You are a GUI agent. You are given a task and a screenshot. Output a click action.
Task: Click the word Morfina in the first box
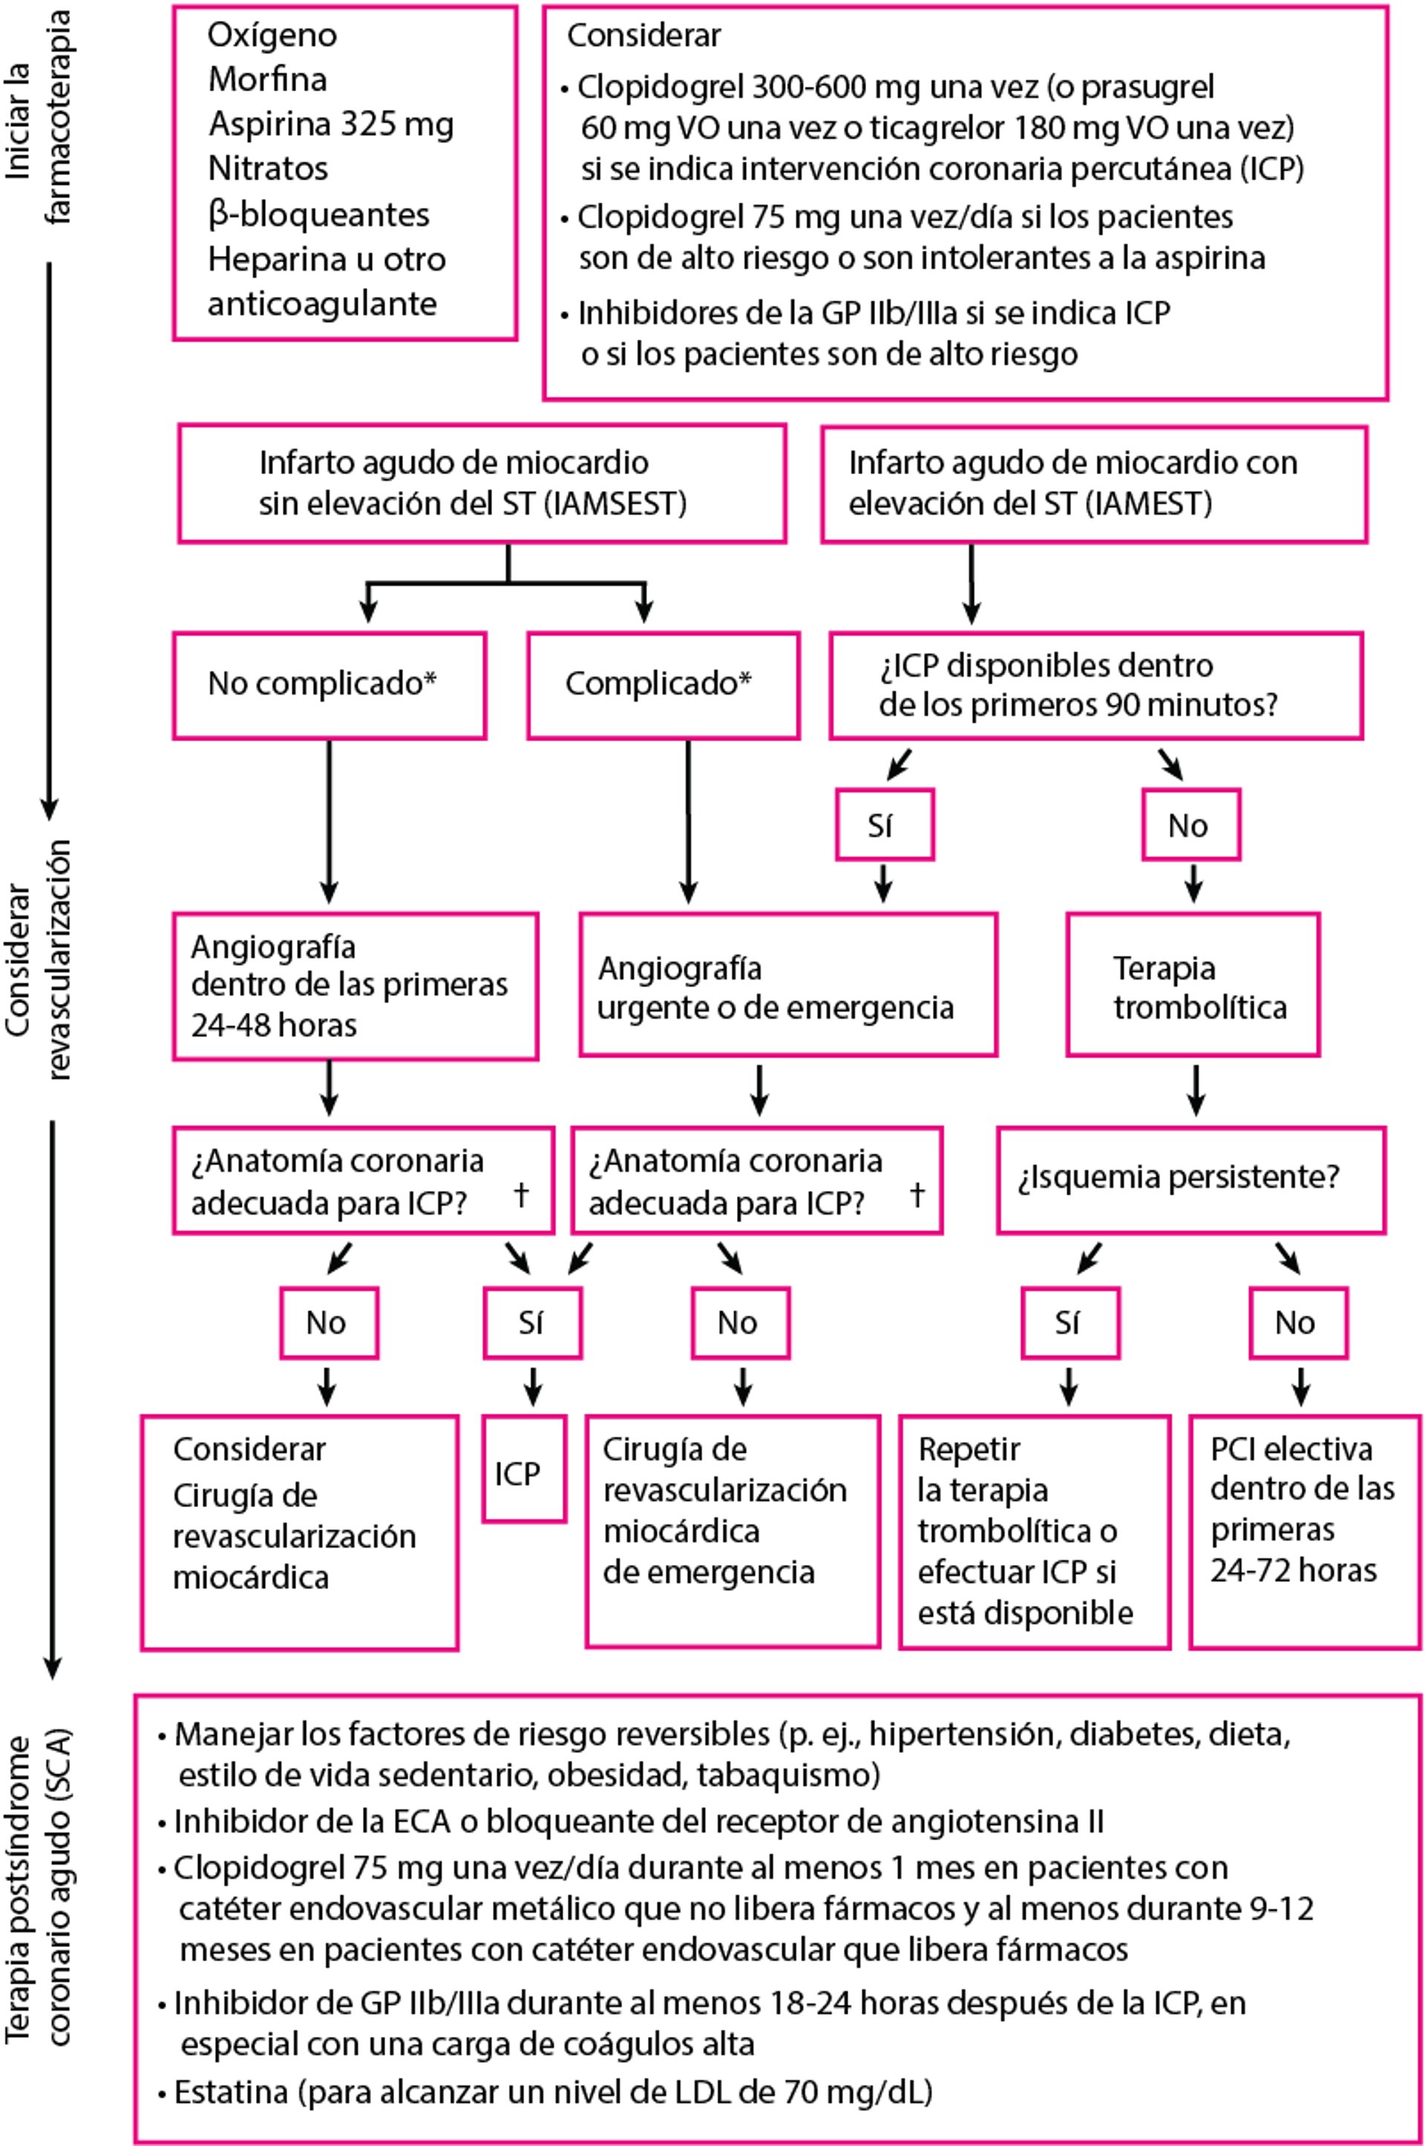(x=267, y=80)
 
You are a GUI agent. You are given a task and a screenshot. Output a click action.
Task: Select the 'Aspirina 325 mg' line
(x=331, y=125)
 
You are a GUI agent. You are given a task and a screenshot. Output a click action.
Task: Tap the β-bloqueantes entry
(x=318, y=214)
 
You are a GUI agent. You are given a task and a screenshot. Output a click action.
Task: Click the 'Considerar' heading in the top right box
(x=643, y=36)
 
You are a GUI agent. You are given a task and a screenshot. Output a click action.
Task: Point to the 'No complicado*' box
(x=329, y=684)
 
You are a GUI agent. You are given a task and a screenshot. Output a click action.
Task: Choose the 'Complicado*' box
(x=663, y=684)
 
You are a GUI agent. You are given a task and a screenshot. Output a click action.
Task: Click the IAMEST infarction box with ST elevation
(x=1093, y=485)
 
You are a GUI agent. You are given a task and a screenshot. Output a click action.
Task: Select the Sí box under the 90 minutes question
(x=883, y=825)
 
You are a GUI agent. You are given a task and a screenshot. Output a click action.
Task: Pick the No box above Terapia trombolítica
(x=1190, y=825)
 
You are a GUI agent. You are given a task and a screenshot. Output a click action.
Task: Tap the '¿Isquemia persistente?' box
(x=1190, y=1178)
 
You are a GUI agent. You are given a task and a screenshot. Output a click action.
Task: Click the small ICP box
(x=522, y=1473)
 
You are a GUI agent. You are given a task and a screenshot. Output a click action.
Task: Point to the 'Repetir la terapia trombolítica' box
(x=1033, y=1529)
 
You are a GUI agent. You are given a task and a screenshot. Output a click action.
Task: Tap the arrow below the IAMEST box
(x=972, y=584)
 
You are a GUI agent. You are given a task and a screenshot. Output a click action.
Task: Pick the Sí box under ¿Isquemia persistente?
(x=1069, y=1322)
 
